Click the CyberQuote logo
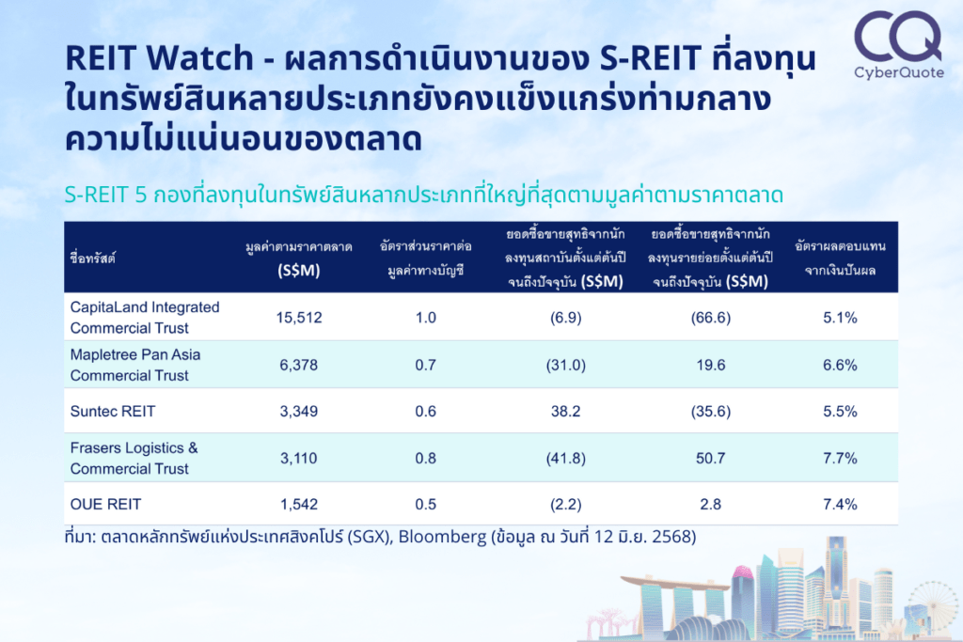pos(898,45)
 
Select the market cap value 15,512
pos(299,318)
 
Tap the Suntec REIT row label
pos(113,411)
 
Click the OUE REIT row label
pos(105,505)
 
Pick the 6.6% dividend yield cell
pos(840,366)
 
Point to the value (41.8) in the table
pos(565,459)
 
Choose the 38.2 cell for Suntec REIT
pos(565,411)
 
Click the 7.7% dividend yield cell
pos(840,459)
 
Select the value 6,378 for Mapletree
pos(299,366)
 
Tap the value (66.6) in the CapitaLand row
pos(711,318)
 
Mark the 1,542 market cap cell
pos(299,505)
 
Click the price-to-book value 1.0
pos(426,318)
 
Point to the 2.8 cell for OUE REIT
pos(711,505)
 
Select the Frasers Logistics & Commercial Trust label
pos(134,459)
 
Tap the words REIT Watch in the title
pos(159,58)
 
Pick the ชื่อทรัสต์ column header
pos(92,258)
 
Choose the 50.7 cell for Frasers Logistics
pos(711,459)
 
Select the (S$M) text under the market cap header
pos(299,271)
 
